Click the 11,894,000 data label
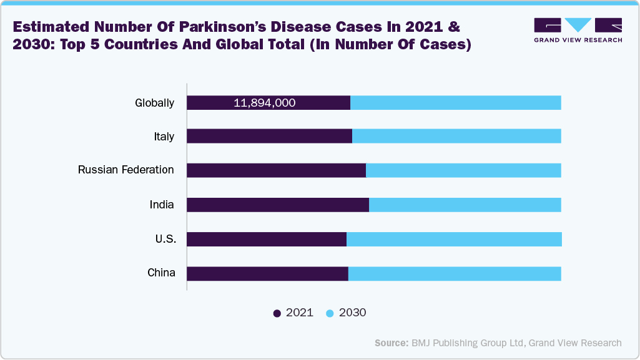pyautogui.click(x=264, y=103)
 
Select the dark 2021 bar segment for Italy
pyautogui.click(x=269, y=136)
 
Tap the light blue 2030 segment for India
pyautogui.click(x=465, y=205)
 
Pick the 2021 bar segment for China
pyautogui.click(x=267, y=273)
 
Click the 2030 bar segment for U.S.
pyautogui.click(x=454, y=239)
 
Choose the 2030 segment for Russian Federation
pyautogui.click(x=463, y=170)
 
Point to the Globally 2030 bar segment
pyautogui.click(x=455, y=103)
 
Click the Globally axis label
pyautogui.click(x=154, y=103)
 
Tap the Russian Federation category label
pyautogui.click(x=126, y=170)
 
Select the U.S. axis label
pyautogui.click(x=165, y=239)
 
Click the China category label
pyautogui.click(x=161, y=273)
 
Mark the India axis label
pyautogui.click(x=161, y=205)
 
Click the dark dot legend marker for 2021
pyautogui.click(x=277, y=313)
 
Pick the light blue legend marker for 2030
pyautogui.click(x=330, y=313)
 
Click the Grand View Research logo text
pyautogui.click(x=578, y=40)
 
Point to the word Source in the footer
pyautogui.click(x=391, y=343)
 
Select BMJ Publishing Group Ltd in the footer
pyautogui.click(x=464, y=343)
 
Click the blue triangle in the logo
pyautogui.click(x=579, y=25)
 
